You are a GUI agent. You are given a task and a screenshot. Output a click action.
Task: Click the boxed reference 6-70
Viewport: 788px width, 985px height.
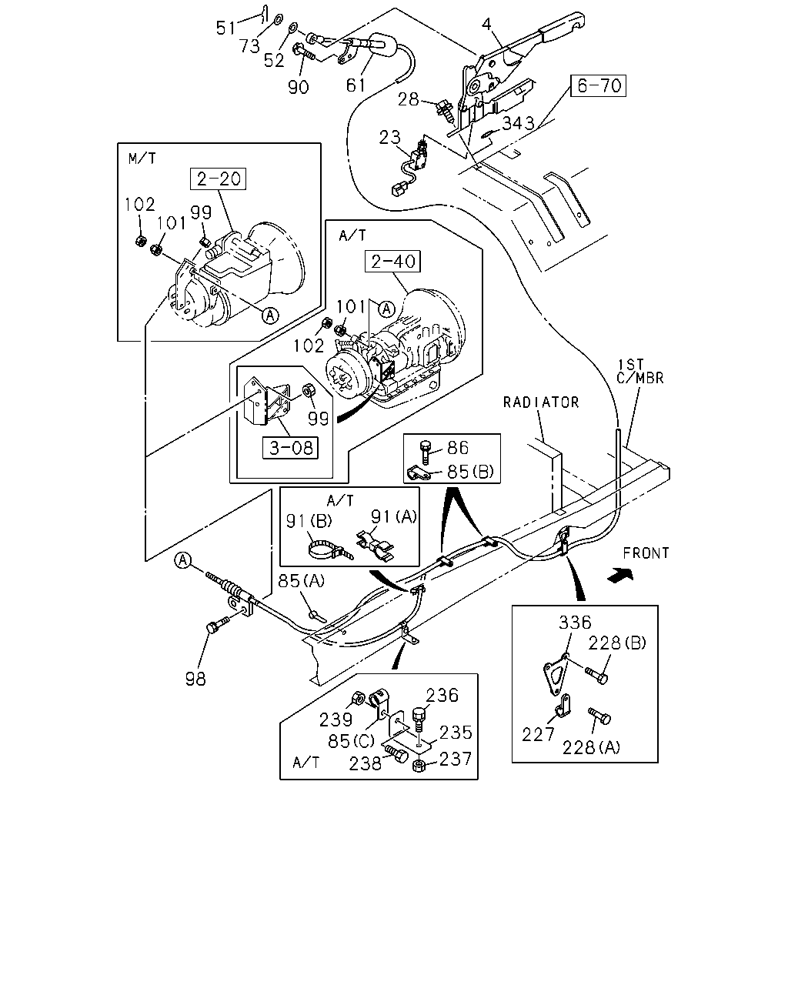(x=598, y=85)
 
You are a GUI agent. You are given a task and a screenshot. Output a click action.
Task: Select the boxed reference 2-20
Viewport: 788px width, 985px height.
(x=218, y=179)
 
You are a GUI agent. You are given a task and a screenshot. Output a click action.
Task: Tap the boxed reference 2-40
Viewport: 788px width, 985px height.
(x=392, y=262)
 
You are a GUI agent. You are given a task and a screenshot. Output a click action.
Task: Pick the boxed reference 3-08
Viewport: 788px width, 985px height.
(x=290, y=448)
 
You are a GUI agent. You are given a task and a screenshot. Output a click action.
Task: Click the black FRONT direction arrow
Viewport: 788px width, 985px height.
(x=620, y=575)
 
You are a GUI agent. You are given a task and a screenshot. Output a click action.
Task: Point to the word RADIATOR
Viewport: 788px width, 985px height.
(x=541, y=402)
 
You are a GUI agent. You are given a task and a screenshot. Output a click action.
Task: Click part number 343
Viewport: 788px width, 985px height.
(x=519, y=123)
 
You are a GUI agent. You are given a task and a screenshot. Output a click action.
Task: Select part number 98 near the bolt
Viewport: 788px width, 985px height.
(x=195, y=679)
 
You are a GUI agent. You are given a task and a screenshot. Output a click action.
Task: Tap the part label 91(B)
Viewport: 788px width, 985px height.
(x=309, y=521)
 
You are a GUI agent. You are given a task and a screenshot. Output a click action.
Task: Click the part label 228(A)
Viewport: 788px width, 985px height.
(x=591, y=748)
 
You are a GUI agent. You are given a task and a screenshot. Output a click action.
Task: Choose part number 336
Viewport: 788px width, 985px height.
(x=575, y=623)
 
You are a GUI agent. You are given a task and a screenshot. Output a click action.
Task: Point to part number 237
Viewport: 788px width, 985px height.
(x=456, y=760)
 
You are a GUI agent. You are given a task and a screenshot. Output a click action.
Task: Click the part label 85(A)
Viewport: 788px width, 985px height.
(x=302, y=581)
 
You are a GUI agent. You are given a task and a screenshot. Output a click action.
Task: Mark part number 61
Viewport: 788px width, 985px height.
(x=356, y=85)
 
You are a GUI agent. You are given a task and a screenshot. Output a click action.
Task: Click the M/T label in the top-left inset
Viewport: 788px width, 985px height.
(x=142, y=159)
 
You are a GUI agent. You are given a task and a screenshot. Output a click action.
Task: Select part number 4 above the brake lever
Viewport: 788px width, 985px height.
(x=486, y=25)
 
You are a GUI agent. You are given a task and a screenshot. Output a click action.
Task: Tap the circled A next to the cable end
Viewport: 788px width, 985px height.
(x=183, y=559)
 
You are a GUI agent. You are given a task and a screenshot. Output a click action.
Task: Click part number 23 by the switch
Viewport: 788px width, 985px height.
(x=390, y=137)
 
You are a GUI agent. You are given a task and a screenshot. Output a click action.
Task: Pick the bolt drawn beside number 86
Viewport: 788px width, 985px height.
(x=426, y=452)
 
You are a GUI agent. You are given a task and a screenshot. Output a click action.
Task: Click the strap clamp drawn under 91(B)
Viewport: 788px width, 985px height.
(x=329, y=549)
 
